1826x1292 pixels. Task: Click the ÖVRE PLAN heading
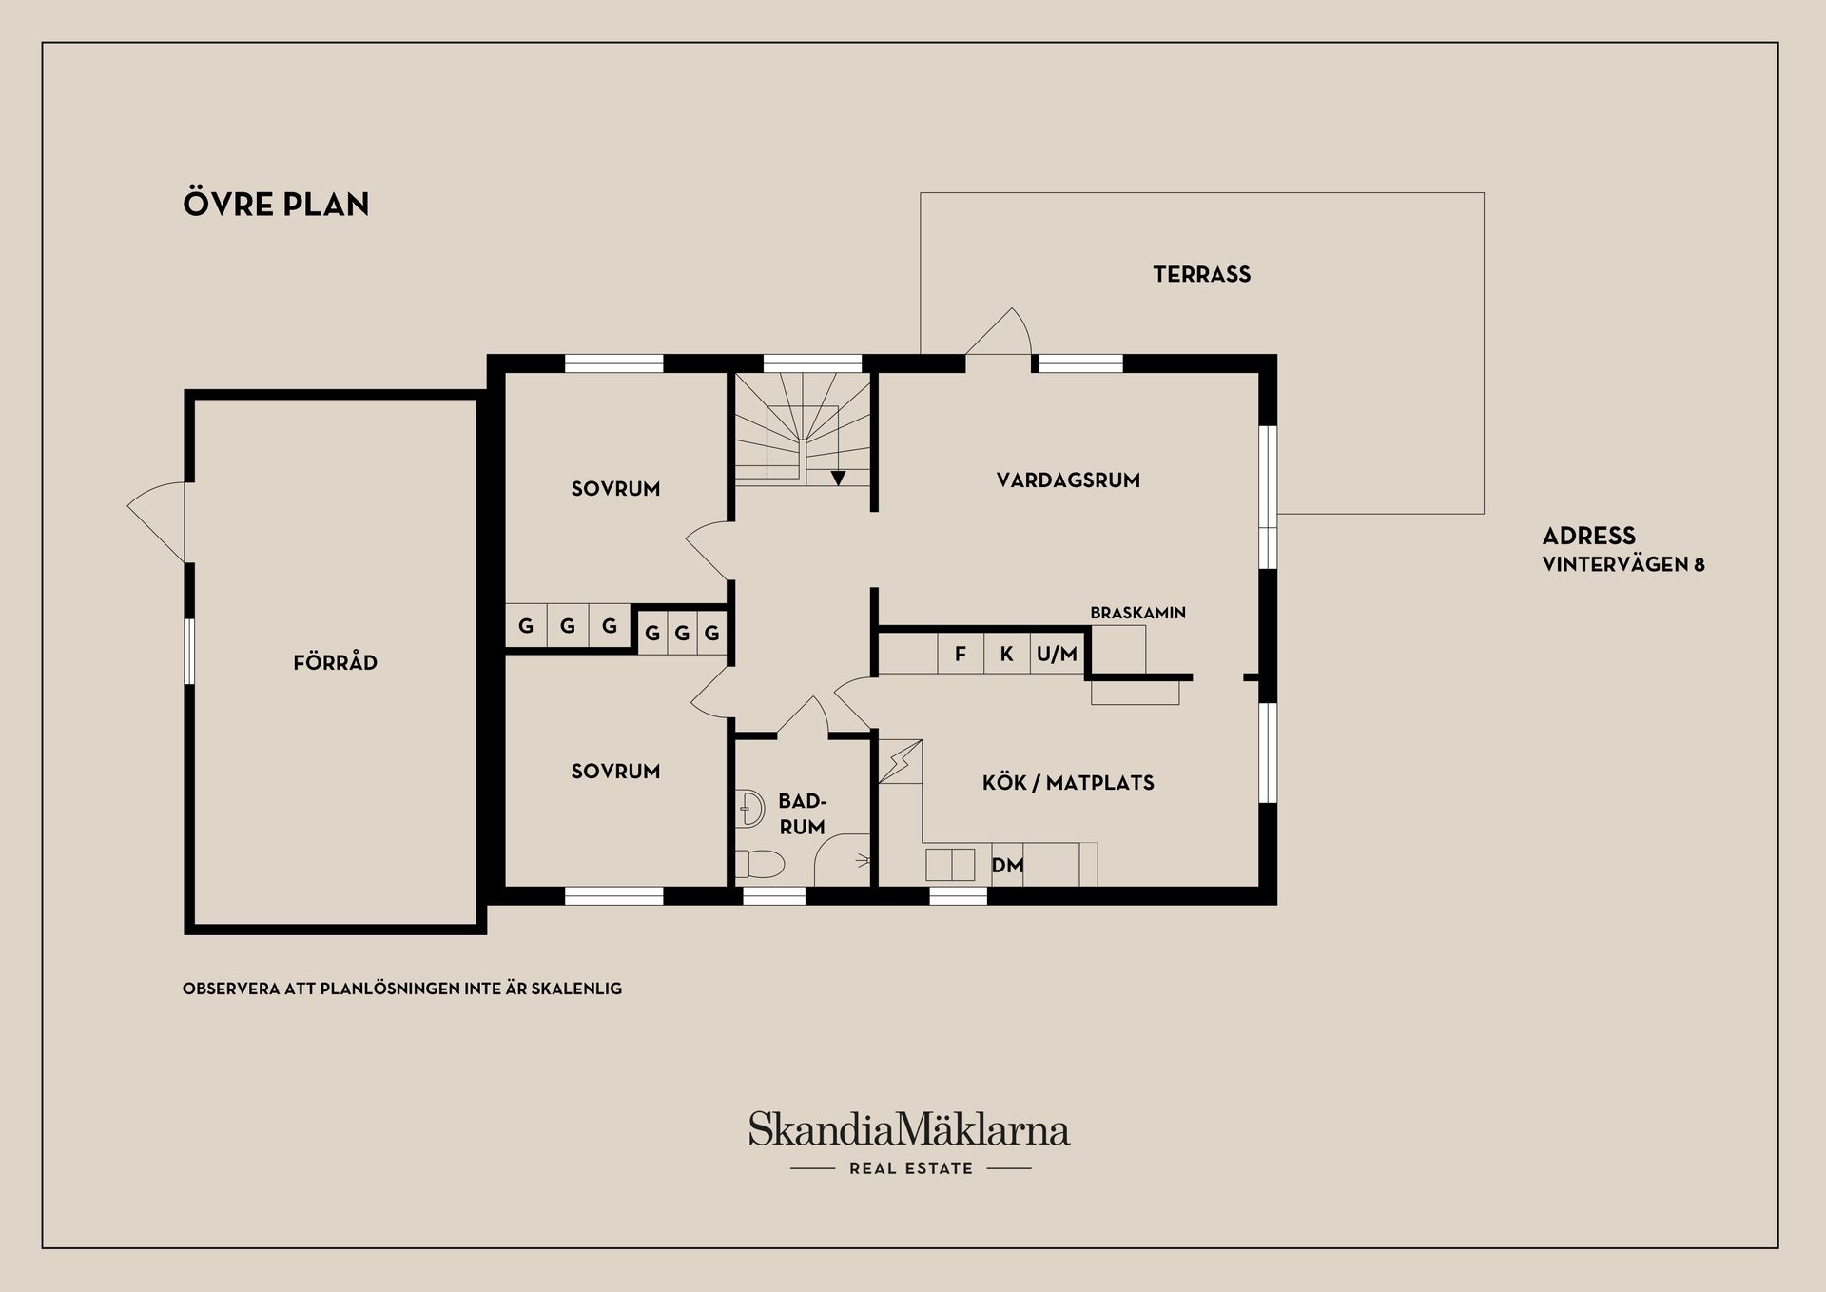(x=276, y=205)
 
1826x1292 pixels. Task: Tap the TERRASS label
(x=1201, y=275)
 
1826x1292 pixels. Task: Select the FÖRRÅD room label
(x=335, y=662)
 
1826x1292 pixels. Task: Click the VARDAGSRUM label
(x=1068, y=480)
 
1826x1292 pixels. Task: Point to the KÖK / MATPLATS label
(x=1068, y=783)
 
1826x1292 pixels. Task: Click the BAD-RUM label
(x=802, y=814)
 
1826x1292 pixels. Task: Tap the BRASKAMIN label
(x=1137, y=613)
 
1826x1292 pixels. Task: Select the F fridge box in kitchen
(x=961, y=654)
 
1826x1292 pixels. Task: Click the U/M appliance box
(x=1057, y=654)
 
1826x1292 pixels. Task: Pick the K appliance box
(x=1006, y=654)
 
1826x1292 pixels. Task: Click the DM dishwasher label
(x=1007, y=865)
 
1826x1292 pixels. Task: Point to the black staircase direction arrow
(x=838, y=478)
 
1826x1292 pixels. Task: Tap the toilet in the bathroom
(x=760, y=864)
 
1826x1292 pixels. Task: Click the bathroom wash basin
(x=750, y=809)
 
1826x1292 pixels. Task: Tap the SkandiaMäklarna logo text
(x=909, y=1130)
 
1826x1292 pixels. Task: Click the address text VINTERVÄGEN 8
(x=1622, y=564)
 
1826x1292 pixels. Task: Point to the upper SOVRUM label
(x=615, y=489)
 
